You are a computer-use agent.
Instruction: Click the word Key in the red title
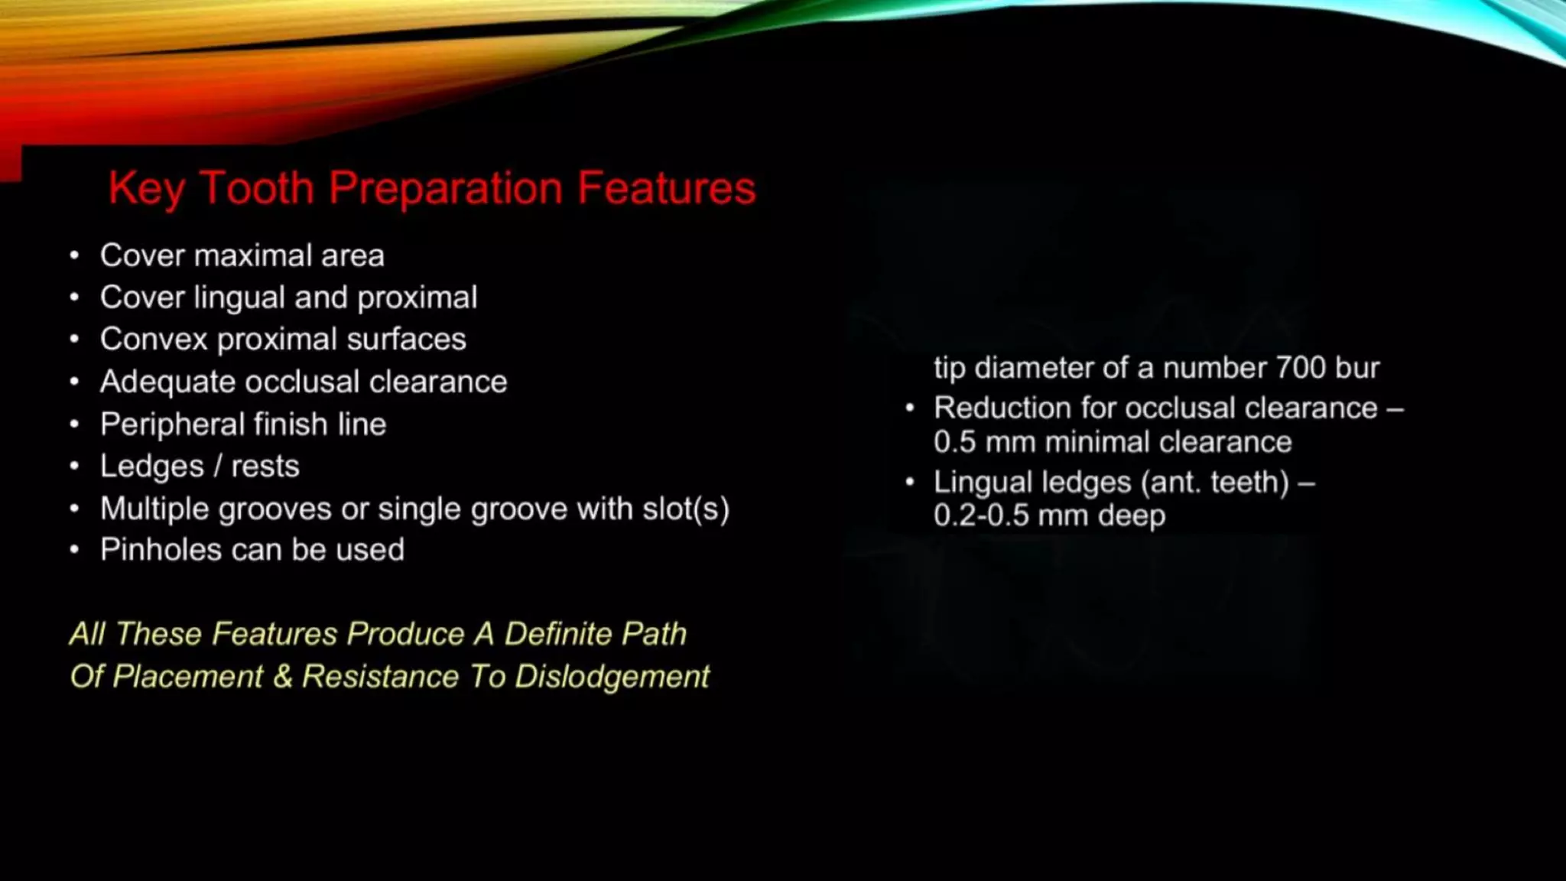tap(147, 188)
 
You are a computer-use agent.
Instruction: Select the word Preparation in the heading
tap(446, 188)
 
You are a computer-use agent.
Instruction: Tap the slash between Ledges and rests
tap(217, 467)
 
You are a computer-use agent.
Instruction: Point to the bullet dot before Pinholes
tap(74, 550)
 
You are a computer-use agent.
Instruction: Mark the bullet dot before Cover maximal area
tap(74, 255)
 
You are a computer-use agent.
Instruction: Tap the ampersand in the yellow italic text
tap(282, 677)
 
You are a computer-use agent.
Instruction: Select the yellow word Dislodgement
tap(612, 677)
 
